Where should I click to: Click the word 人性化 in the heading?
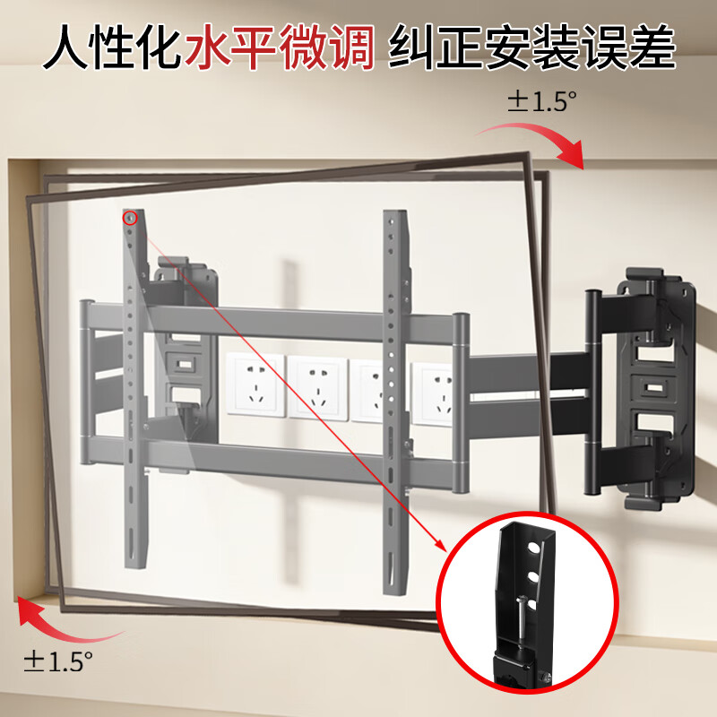click(112, 48)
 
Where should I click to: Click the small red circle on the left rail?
click(131, 217)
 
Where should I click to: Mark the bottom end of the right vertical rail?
click(397, 587)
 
